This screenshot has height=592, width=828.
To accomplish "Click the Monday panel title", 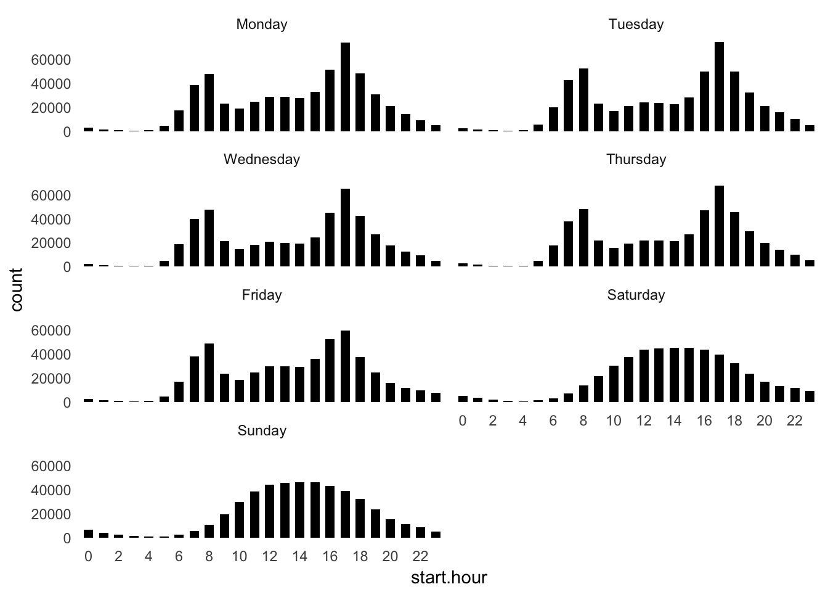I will coord(262,25).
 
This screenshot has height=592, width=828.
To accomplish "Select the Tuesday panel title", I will coord(636,25).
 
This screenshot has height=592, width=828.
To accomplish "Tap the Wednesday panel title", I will coord(262,160).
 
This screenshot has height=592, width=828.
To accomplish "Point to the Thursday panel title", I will coord(636,160).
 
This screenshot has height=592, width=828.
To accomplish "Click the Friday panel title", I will coord(262,295).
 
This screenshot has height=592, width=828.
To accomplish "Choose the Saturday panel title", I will coord(636,295).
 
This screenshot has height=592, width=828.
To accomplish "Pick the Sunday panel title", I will coord(262,430).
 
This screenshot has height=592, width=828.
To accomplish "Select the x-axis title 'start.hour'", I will coord(448,578).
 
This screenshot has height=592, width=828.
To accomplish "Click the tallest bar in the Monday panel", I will coord(346,87).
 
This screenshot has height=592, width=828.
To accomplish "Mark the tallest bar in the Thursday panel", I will coord(719,226).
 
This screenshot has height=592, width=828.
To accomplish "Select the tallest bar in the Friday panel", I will coord(346,366).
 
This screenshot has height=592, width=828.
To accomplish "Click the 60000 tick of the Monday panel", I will coord(51,60).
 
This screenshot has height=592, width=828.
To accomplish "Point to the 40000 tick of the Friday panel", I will coord(51,355).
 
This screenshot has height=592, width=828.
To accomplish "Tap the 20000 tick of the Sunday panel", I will coord(51,514).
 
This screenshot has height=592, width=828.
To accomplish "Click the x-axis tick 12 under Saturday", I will coord(644,421).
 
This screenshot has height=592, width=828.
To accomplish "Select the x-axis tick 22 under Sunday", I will coord(420,557).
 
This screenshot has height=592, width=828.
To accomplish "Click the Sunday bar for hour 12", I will coord(270,511).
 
